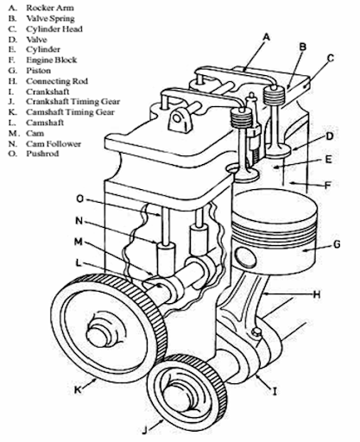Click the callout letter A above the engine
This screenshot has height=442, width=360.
pyautogui.click(x=267, y=37)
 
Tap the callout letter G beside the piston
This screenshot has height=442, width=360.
pyautogui.click(x=336, y=244)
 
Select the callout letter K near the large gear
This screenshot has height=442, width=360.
pyautogui.click(x=78, y=390)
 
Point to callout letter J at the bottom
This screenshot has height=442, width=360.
pyautogui.click(x=146, y=430)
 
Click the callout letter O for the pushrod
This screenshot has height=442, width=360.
pyautogui.click(x=80, y=199)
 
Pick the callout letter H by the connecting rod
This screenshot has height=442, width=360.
pyautogui.click(x=317, y=294)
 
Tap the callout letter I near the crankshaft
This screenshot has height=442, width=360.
pyautogui.click(x=275, y=391)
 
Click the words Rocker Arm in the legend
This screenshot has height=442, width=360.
pyautogui.click(x=50, y=8)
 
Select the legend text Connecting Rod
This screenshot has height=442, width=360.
pyautogui.click(x=57, y=81)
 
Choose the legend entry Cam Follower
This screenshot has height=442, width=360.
pyautogui.click(x=54, y=143)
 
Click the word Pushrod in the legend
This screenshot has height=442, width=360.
pyautogui.click(x=42, y=154)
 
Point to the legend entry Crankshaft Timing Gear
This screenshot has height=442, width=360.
pyautogui.click(x=73, y=102)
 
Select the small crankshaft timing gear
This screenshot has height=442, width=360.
pyautogui.click(x=186, y=397)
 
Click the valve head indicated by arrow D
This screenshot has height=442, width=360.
pyautogui.click(x=278, y=151)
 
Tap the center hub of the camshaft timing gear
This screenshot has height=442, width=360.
pyautogui.click(x=101, y=334)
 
